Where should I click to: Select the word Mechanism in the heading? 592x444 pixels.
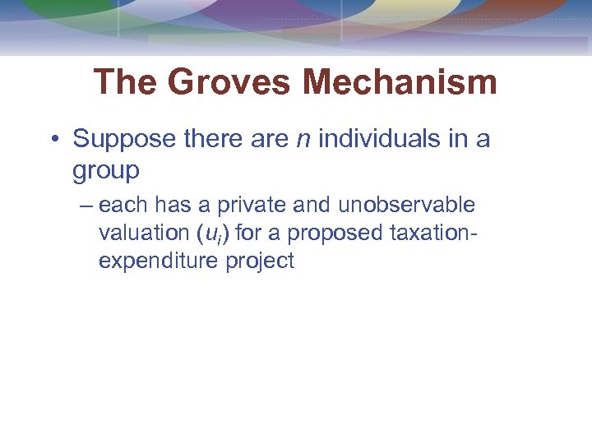[x=400, y=83]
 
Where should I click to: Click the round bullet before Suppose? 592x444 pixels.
[x=53, y=139]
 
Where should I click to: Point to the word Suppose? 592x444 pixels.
[x=123, y=139]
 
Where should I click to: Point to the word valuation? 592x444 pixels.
[x=144, y=234]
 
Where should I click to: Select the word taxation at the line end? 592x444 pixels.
[x=436, y=234]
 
